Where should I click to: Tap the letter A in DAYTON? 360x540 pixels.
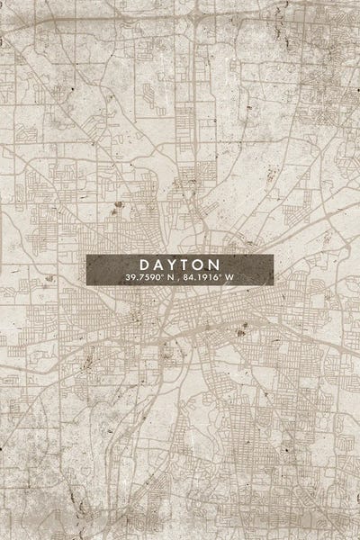click(158, 265)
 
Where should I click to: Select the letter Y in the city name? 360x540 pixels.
click(173, 265)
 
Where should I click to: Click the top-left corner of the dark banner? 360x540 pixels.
click(87, 255)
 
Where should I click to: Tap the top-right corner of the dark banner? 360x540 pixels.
click(273, 255)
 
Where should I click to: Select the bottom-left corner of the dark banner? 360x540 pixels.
click(87, 286)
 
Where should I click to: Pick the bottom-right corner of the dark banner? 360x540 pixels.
click(273, 286)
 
